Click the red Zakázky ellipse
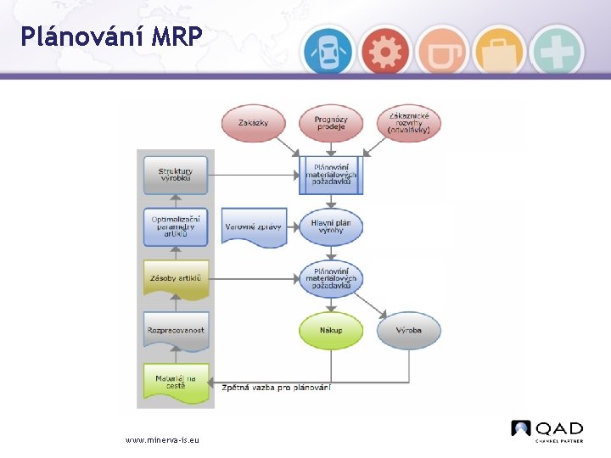[x=253, y=124]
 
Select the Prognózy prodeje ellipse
[x=331, y=124]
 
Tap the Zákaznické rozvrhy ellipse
[x=409, y=124]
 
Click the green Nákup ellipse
[x=331, y=331]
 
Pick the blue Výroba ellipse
[x=409, y=331]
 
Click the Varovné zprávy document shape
[x=253, y=226]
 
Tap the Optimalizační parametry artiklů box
[x=175, y=226]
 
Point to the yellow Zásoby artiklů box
[x=175, y=279]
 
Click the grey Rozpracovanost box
[x=175, y=331]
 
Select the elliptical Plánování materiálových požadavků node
[x=331, y=279]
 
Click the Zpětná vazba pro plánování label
[x=276, y=388]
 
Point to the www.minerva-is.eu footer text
[x=162, y=440]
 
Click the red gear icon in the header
[x=384, y=52]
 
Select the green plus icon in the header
[x=557, y=52]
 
